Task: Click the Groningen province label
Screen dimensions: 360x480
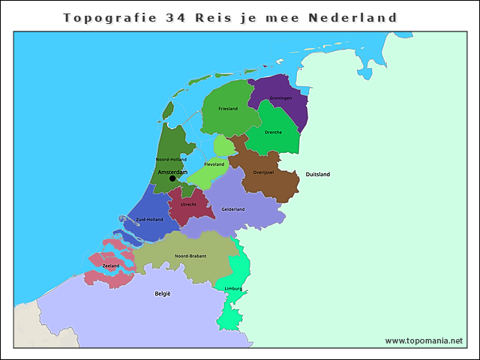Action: tap(281, 97)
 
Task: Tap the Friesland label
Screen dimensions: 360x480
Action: tap(228, 109)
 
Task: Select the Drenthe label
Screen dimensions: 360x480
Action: tap(274, 132)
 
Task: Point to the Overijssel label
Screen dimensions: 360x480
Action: tap(263, 172)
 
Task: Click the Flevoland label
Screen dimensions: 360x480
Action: tap(214, 163)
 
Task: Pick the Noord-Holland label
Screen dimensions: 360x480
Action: tap(171, 160)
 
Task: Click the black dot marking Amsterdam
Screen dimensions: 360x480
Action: tap(172, 178)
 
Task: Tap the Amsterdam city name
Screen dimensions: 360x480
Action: tap(172, 172)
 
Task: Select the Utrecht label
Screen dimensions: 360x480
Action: tap(189, 204)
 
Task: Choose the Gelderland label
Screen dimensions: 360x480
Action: tap(233, 209)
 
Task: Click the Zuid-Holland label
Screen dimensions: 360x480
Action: tap(149, 219)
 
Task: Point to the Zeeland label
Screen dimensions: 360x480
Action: tap(110, 265)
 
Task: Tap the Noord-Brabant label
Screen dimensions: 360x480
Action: tap(190, 256)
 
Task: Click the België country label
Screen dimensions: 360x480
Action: tap(163, 293)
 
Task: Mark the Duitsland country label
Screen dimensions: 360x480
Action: tap(317, 174)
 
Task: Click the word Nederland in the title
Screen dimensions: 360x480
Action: tap(352, 16)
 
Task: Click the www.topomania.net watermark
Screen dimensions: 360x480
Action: tap(424, 340)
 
